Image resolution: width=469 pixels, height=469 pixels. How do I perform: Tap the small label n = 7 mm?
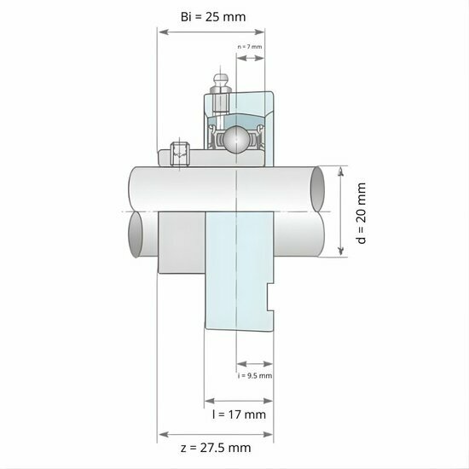click(250, 46)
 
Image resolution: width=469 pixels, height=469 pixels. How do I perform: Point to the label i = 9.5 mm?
click(255, 374)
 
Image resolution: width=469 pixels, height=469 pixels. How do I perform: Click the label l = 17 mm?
click(239, 414)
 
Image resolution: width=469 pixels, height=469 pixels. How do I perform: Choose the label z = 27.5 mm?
click(216, 447)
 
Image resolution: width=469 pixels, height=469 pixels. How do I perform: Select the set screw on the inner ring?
click(179, 154)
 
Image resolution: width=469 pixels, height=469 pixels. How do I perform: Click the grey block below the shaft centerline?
click(182, 242)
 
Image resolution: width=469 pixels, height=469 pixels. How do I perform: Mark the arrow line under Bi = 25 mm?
click(215, 32)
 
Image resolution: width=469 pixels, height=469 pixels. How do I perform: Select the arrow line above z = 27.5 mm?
click(216, 433)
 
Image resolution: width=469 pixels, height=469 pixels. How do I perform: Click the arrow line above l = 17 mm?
click(239, 400)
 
